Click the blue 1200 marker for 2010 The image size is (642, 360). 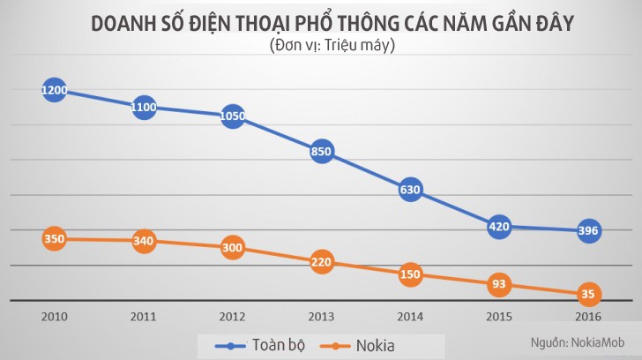click(54, 90)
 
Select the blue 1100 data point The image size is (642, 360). click(143, 108)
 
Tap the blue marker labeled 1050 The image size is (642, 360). click(232, 116)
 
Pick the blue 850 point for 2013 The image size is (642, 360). click(322, 151)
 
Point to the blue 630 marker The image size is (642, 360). click(410, 189)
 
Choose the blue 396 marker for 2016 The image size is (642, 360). click(588, 230)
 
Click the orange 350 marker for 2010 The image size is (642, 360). click(54, 238)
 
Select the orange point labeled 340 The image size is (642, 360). click(143, 240)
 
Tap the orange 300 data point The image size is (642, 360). click(232, 248)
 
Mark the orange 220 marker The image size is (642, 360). click(322, 262)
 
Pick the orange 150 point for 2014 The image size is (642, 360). click(410, 274)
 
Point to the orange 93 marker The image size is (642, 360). click(499, 284)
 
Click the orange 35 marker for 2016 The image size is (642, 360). click(588, 295)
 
